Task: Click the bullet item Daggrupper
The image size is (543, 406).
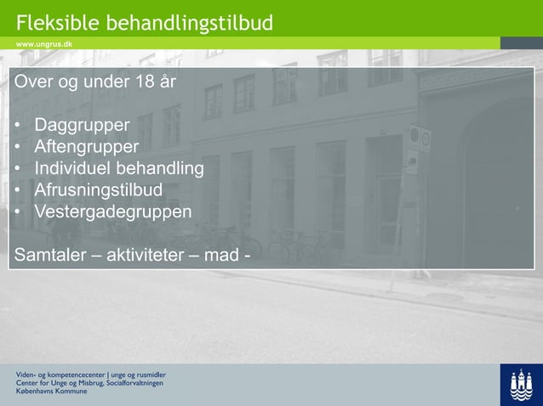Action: click(82, 126)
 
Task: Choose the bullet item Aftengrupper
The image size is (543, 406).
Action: click(86, 147)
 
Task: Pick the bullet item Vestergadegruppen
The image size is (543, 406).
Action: click(112, 211)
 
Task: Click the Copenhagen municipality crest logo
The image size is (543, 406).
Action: click(521, 385)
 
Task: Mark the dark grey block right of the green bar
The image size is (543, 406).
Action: click(521, 42)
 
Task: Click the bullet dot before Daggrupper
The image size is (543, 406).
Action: click(18, 127)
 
